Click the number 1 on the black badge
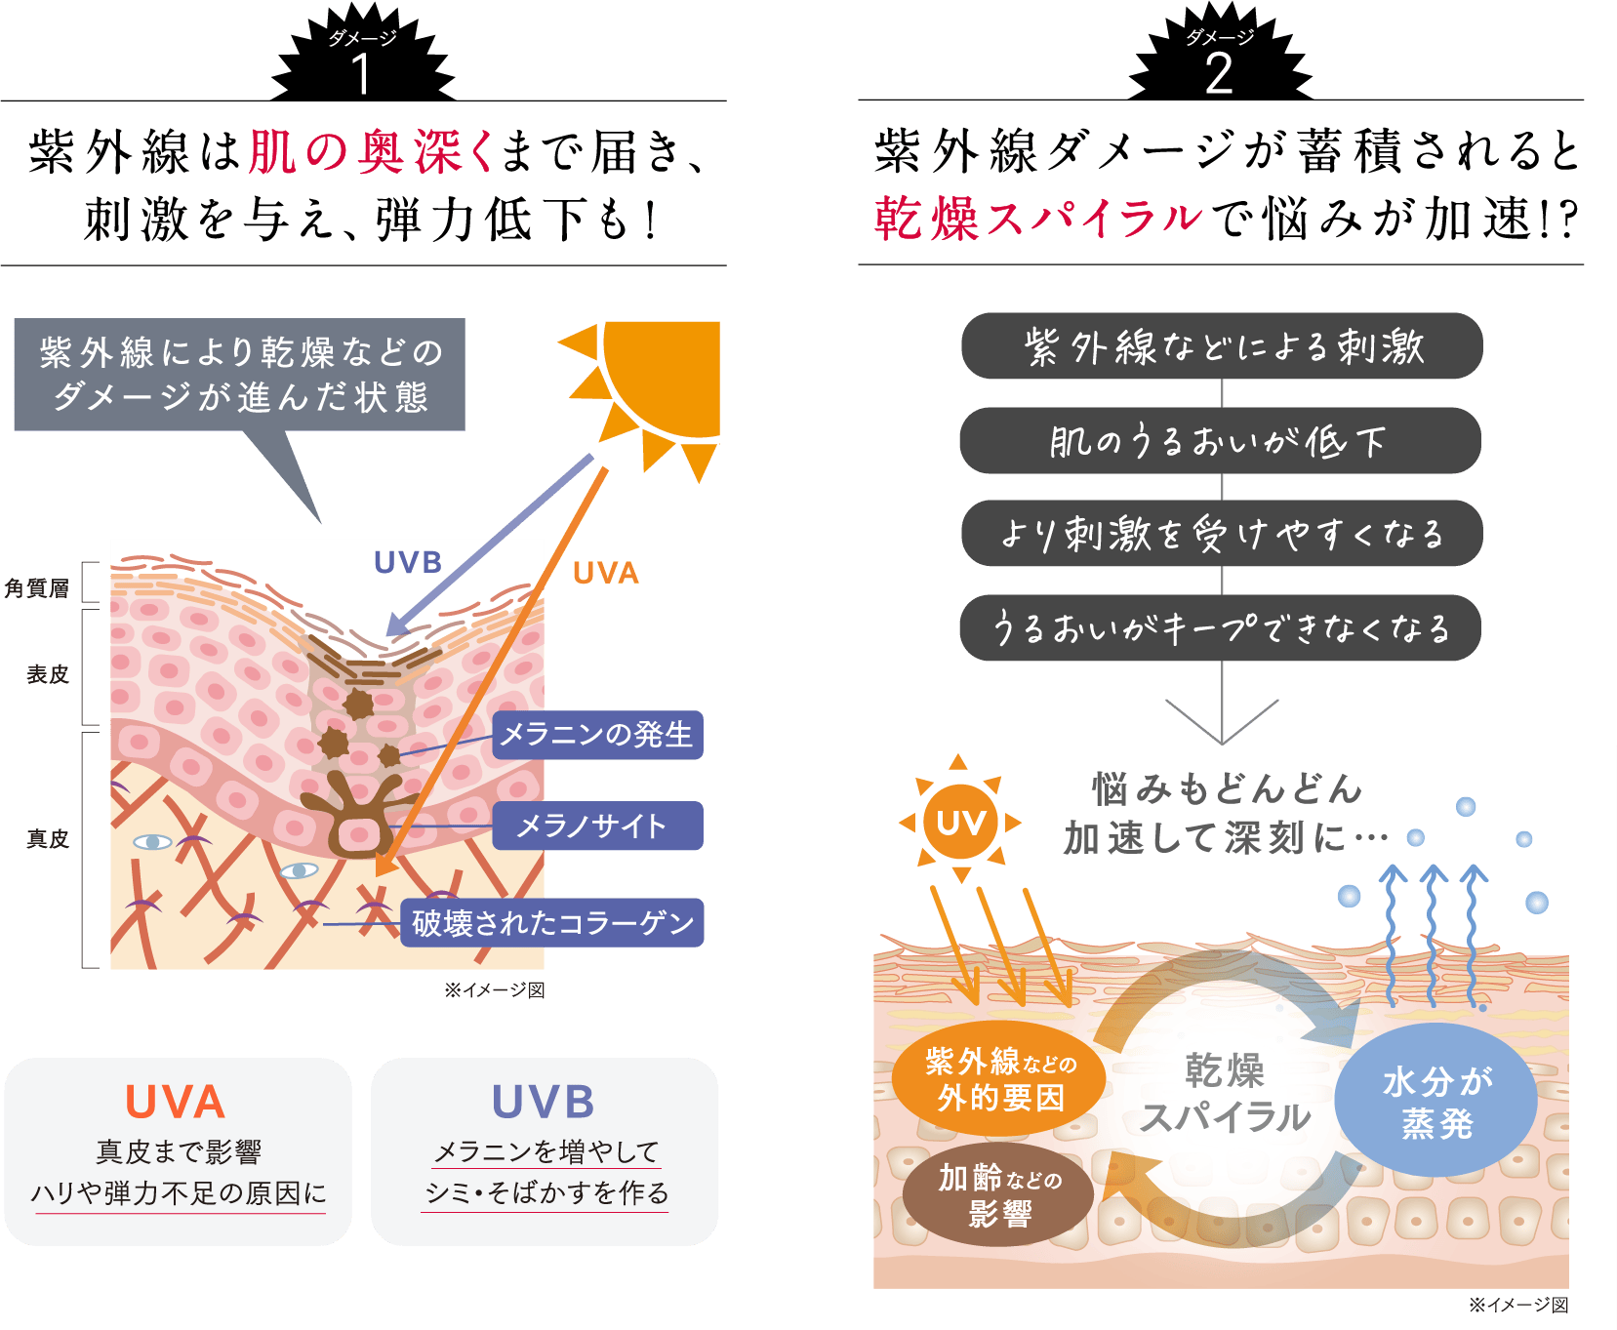(362, 74)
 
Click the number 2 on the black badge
(1219, 74)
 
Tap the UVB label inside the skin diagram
(408, 562)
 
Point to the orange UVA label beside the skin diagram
(605, 573)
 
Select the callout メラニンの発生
(596, 735)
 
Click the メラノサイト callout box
(596, 826)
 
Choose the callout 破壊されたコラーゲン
(552, 922)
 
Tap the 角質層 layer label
(37, 587)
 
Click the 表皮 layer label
(47, 674)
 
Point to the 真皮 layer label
(47, 839)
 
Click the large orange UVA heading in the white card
(176, 1103)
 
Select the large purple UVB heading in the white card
(544, 1103)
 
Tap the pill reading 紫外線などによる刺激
(1222, 346)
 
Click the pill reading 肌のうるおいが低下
(1220, 441)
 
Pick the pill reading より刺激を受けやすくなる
(1222, 534)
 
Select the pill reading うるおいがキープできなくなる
(1220, 627)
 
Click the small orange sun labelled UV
(960, 822)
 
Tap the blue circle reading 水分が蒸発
(1436, 1101)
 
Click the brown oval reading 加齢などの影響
(998, 1196)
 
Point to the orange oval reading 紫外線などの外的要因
(998, 1079)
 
